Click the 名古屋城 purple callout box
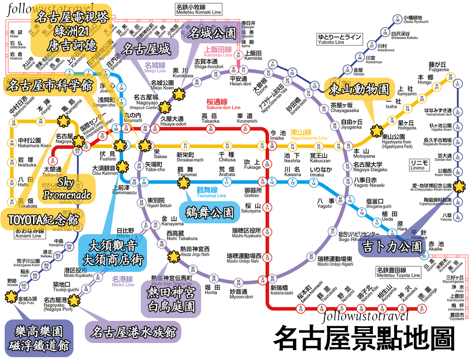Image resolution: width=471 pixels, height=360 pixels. coord(146,49)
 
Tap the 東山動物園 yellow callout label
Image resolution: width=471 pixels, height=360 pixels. coord(358,89)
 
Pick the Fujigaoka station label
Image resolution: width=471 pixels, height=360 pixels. coord(439,66)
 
